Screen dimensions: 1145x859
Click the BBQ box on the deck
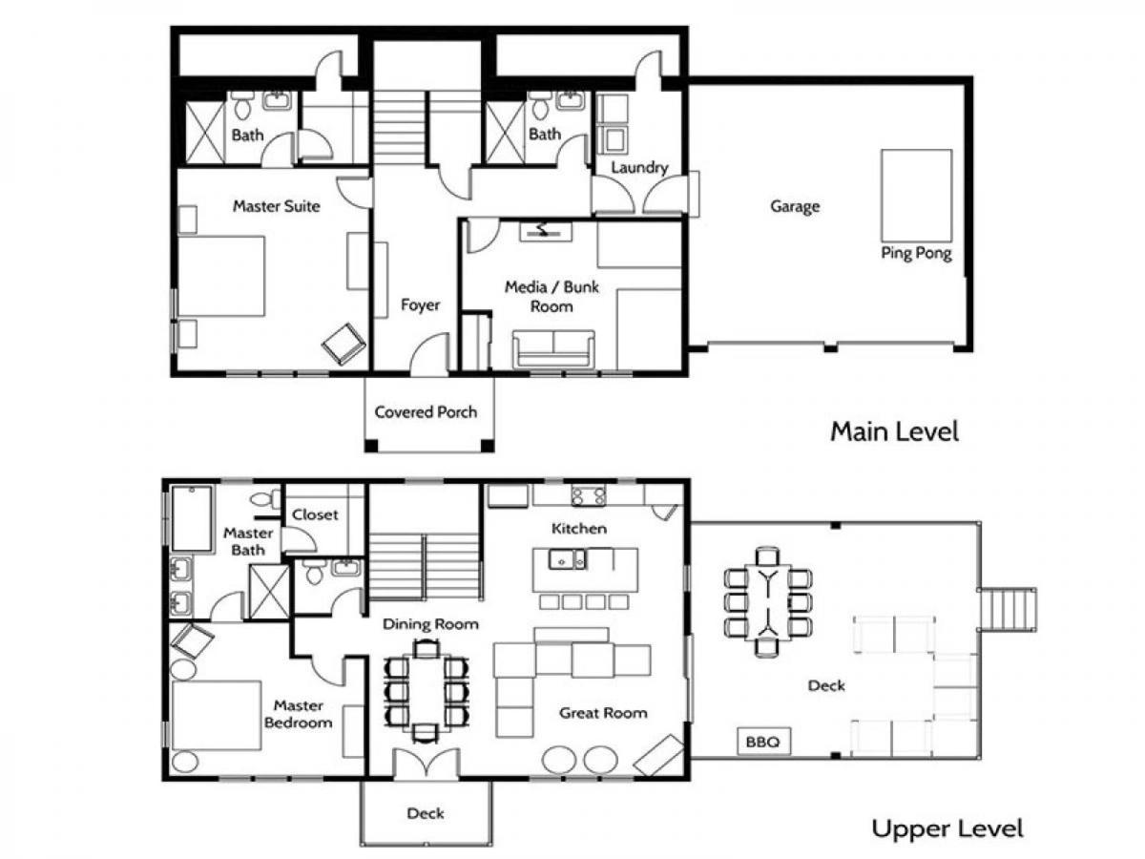tap(763, 742)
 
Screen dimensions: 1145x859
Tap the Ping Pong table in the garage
tap(917, 195)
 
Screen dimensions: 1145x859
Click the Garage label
tap(795, 206)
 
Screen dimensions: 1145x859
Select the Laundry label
tap(639, 167)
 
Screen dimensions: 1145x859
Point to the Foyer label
tap(420, 304)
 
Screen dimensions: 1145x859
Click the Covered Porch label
tap(426, 412)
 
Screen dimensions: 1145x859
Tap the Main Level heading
tap(895, 431)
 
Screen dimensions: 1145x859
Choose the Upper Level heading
tap(947, 828)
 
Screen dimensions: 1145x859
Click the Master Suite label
tap(277, 206)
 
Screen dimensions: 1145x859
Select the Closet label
tap(315, 514)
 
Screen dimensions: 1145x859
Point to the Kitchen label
tap(579, 529)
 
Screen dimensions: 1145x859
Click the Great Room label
tap(603, 713)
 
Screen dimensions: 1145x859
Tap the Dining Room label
tap(430, 624)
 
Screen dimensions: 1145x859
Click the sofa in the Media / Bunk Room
tap(553, 348)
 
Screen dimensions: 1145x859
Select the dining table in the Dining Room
tap(427, 692)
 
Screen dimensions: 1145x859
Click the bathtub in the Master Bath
tap(192, 518)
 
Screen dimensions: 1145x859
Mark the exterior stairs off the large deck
tap(1007, 610)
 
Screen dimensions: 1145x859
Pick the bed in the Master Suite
tap(221, 276)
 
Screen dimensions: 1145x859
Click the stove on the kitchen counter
tap(589, 495)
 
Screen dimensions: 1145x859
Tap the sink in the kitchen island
tap(567, 560)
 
